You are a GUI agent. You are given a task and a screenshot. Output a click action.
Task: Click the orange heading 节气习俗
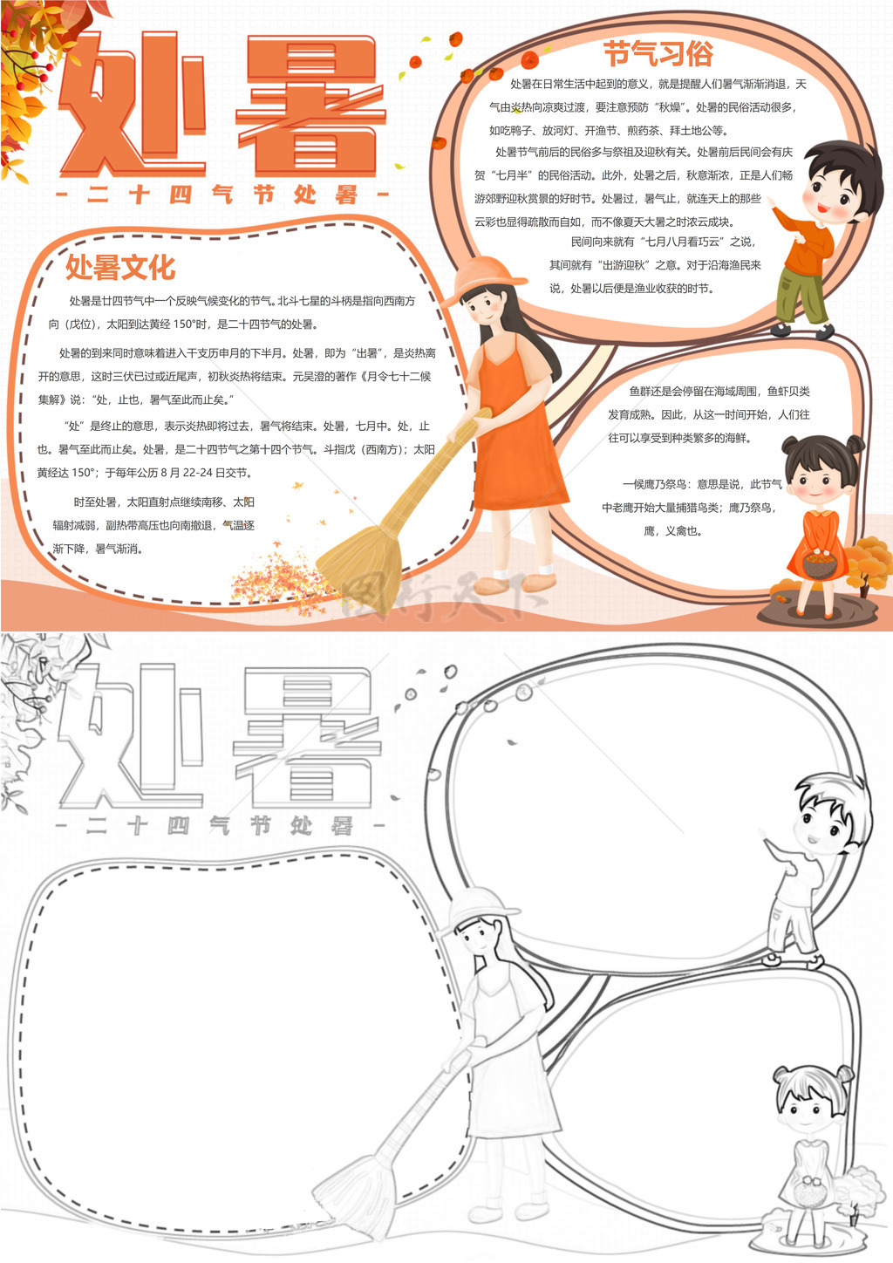658,53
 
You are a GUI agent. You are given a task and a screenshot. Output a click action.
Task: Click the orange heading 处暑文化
120,267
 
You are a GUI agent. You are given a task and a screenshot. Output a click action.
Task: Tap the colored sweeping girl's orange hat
486,276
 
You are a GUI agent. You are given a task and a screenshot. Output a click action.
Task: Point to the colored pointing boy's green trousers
800,296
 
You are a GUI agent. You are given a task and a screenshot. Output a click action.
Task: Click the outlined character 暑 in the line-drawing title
307,738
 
